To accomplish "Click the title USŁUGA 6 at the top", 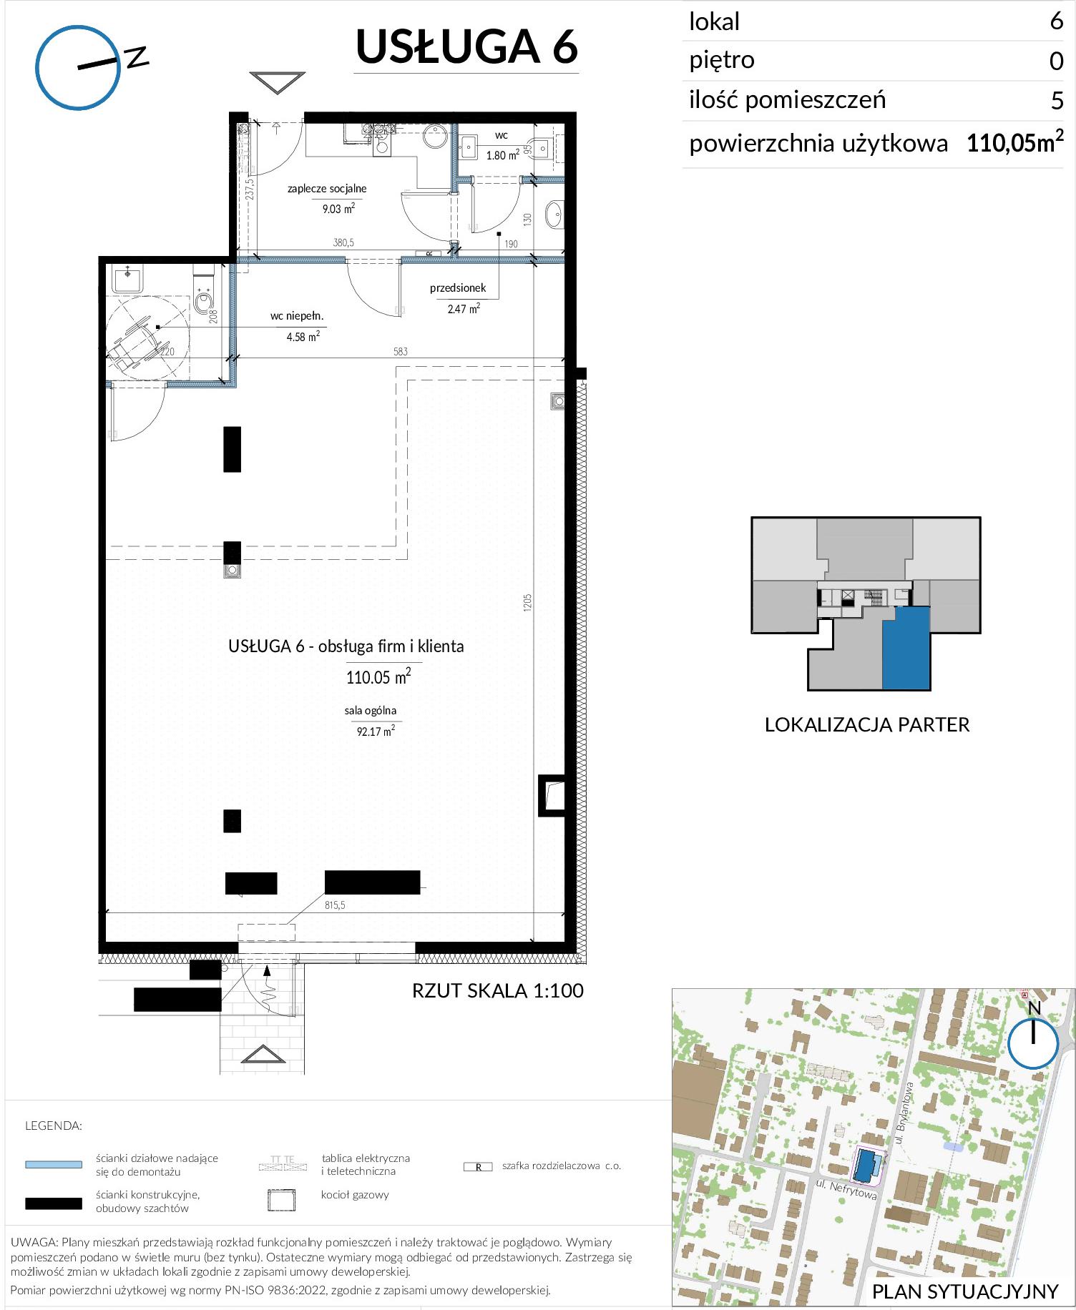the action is (x=466, y=47).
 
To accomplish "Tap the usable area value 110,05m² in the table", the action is (x=1014, y=142).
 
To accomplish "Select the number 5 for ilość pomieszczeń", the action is (x=1057, y=101).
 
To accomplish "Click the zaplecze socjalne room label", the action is (x=327, y=189).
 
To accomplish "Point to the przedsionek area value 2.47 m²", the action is (x=464, y=309).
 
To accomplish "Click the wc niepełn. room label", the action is (x=297, y=315).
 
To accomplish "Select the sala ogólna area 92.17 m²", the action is (x=376, y=731).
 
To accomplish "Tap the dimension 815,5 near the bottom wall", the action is (x=335, y=905).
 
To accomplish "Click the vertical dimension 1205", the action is (x=528, y=602).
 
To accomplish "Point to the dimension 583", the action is (x=401, y=351).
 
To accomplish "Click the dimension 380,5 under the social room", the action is (x=343, y=242).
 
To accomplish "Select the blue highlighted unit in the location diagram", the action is (x=906, y=648).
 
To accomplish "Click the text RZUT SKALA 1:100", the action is (x=498, y=990).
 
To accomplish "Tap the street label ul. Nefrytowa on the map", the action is (x=846, y=1188).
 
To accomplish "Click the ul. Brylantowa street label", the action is (x=904, y=1113).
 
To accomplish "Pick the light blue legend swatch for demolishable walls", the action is (x=54, y=1164).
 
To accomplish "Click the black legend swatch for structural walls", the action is (x=54, y=1203).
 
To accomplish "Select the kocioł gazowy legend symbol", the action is (x=282, y=1200).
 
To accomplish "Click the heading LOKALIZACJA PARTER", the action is (x=867, y=724).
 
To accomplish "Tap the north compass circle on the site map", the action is (x=1033, y=1043).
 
